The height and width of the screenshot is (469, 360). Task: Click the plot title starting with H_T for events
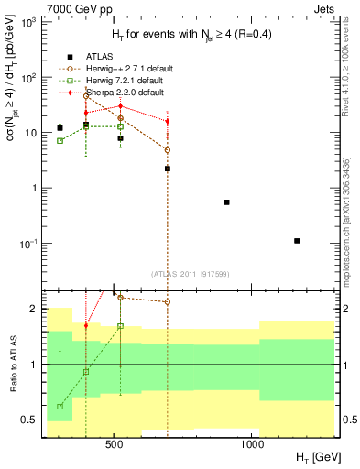pos(180,35)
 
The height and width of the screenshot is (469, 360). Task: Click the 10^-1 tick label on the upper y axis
pos(27,244)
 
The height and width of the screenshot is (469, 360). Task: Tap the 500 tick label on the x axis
pos(115,446)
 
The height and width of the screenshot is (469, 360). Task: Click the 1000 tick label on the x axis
pos(252,446)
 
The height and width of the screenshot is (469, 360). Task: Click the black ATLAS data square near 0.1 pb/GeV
pos(297,241)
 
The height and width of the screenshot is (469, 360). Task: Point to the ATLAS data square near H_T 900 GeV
pos(226,202)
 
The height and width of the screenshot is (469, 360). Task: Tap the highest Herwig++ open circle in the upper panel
pos(86,95)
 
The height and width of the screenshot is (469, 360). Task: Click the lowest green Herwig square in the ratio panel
pos(60,406)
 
